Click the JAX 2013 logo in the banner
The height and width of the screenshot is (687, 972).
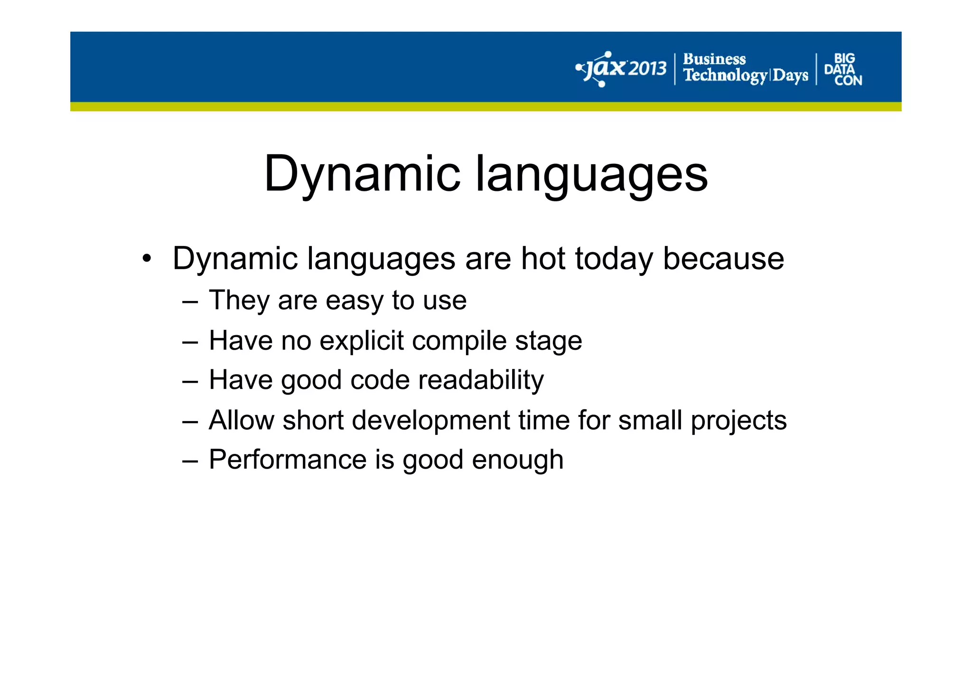coord(621,69)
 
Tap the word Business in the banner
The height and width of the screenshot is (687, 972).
coord(714,59)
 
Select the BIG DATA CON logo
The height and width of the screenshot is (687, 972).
coord(843,69)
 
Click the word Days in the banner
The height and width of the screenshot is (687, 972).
coord(790,75)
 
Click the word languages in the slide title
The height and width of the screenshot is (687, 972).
coord(591,174)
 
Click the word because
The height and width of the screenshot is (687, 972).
coord(723,259)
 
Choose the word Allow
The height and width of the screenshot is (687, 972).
coord(241,420)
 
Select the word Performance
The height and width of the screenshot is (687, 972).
coord(288,460)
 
